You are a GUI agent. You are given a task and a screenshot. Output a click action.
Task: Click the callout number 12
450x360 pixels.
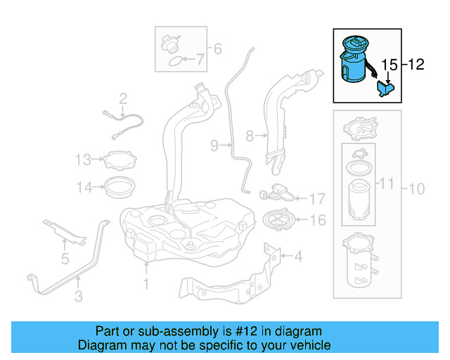point(416,65)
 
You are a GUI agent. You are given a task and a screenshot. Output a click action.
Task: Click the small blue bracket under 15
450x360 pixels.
point(385,90)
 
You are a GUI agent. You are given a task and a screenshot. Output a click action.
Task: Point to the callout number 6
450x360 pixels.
point(217,49)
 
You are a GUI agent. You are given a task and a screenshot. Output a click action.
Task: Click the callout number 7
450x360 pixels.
point(200,60)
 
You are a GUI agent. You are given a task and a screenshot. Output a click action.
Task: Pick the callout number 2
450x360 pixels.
point(122,98)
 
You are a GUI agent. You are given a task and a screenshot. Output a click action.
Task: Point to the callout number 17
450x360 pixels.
point(317,199)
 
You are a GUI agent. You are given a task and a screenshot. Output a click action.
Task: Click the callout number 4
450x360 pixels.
point(298,257)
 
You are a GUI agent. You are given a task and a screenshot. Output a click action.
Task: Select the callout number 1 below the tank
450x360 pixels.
point(146,285)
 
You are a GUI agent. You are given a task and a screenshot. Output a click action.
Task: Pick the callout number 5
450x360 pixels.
point(65,259)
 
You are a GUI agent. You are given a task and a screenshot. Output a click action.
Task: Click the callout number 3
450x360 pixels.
point(78,297)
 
